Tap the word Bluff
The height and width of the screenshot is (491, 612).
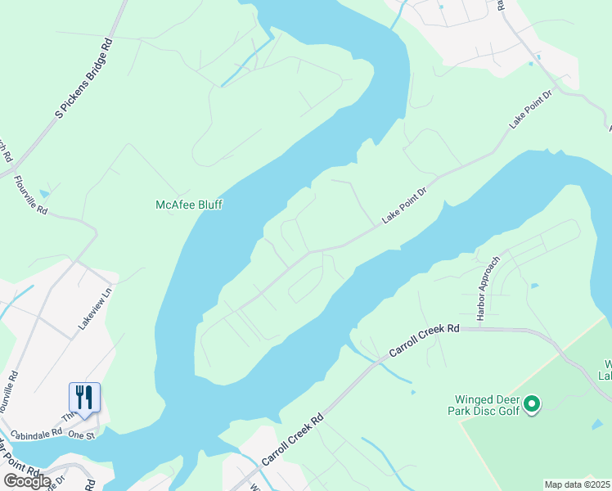(209, 205)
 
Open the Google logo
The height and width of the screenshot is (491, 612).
(26, 481)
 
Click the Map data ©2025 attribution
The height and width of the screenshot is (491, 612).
(577, 484)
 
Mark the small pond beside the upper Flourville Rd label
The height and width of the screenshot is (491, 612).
(43, 194)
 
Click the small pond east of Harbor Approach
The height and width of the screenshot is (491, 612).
(533, 286)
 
